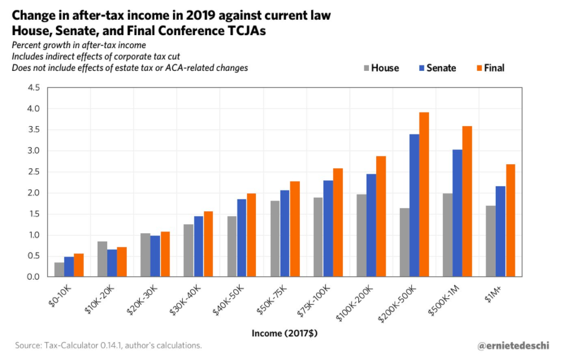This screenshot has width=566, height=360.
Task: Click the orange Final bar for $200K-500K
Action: pos(424,195)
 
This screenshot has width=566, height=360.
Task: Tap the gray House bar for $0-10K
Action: pos(59,270)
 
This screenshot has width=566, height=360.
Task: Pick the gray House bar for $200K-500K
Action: pos(404,242)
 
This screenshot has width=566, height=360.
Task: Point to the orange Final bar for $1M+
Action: pos(510,220)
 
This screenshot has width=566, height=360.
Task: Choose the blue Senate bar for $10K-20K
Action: pos(112,263)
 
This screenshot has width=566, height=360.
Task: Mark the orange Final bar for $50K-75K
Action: pos(295,229)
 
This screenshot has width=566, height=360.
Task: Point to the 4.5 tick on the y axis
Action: pos(33,88)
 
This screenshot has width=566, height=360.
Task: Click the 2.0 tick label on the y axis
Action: pos(33,193)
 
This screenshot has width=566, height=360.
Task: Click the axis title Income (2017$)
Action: pos(284,333)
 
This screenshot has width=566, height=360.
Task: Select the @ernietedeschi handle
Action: pos(514,345)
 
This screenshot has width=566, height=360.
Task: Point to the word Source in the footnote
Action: pos(30,345)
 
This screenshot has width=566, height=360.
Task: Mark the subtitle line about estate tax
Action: pos(130,68)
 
